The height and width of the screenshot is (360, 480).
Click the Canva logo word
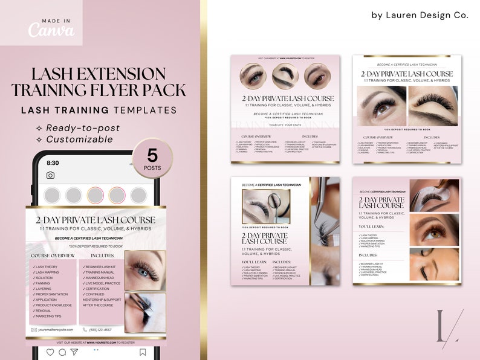point(51,30)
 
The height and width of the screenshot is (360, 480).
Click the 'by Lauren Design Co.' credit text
point(420,16)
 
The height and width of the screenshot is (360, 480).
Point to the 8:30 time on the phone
point(53,163)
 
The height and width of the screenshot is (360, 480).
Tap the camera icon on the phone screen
point(50,175)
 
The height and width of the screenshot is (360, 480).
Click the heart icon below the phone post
point(50,352)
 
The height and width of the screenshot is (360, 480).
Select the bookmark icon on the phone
point(143,352)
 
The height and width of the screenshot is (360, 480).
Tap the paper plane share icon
point(74,352)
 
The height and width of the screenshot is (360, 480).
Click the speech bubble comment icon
point(62,352)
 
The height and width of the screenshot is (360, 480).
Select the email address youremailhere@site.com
point(55,330)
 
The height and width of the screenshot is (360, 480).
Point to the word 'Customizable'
point(79,139)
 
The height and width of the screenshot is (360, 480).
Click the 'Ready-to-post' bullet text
point(83,127)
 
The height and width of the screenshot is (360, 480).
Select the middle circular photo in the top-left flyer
point(285,77)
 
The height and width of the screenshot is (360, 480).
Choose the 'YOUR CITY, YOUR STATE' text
point(285,124)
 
